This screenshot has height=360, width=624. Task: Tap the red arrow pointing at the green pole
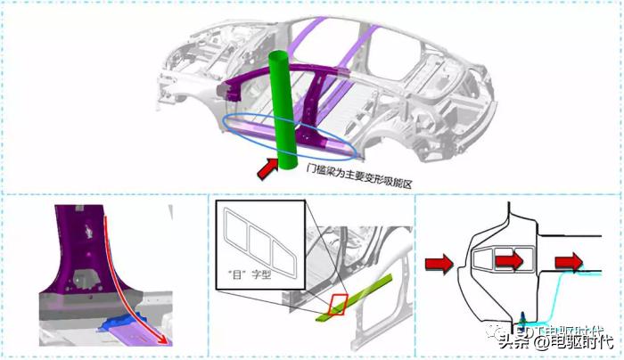pyautogui.click(x=267, y=168)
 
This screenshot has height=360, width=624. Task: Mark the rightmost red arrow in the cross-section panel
pyautogui.click(x=569, y=262)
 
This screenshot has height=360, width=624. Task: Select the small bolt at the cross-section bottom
pyautogui.click(x=521, y=319)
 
